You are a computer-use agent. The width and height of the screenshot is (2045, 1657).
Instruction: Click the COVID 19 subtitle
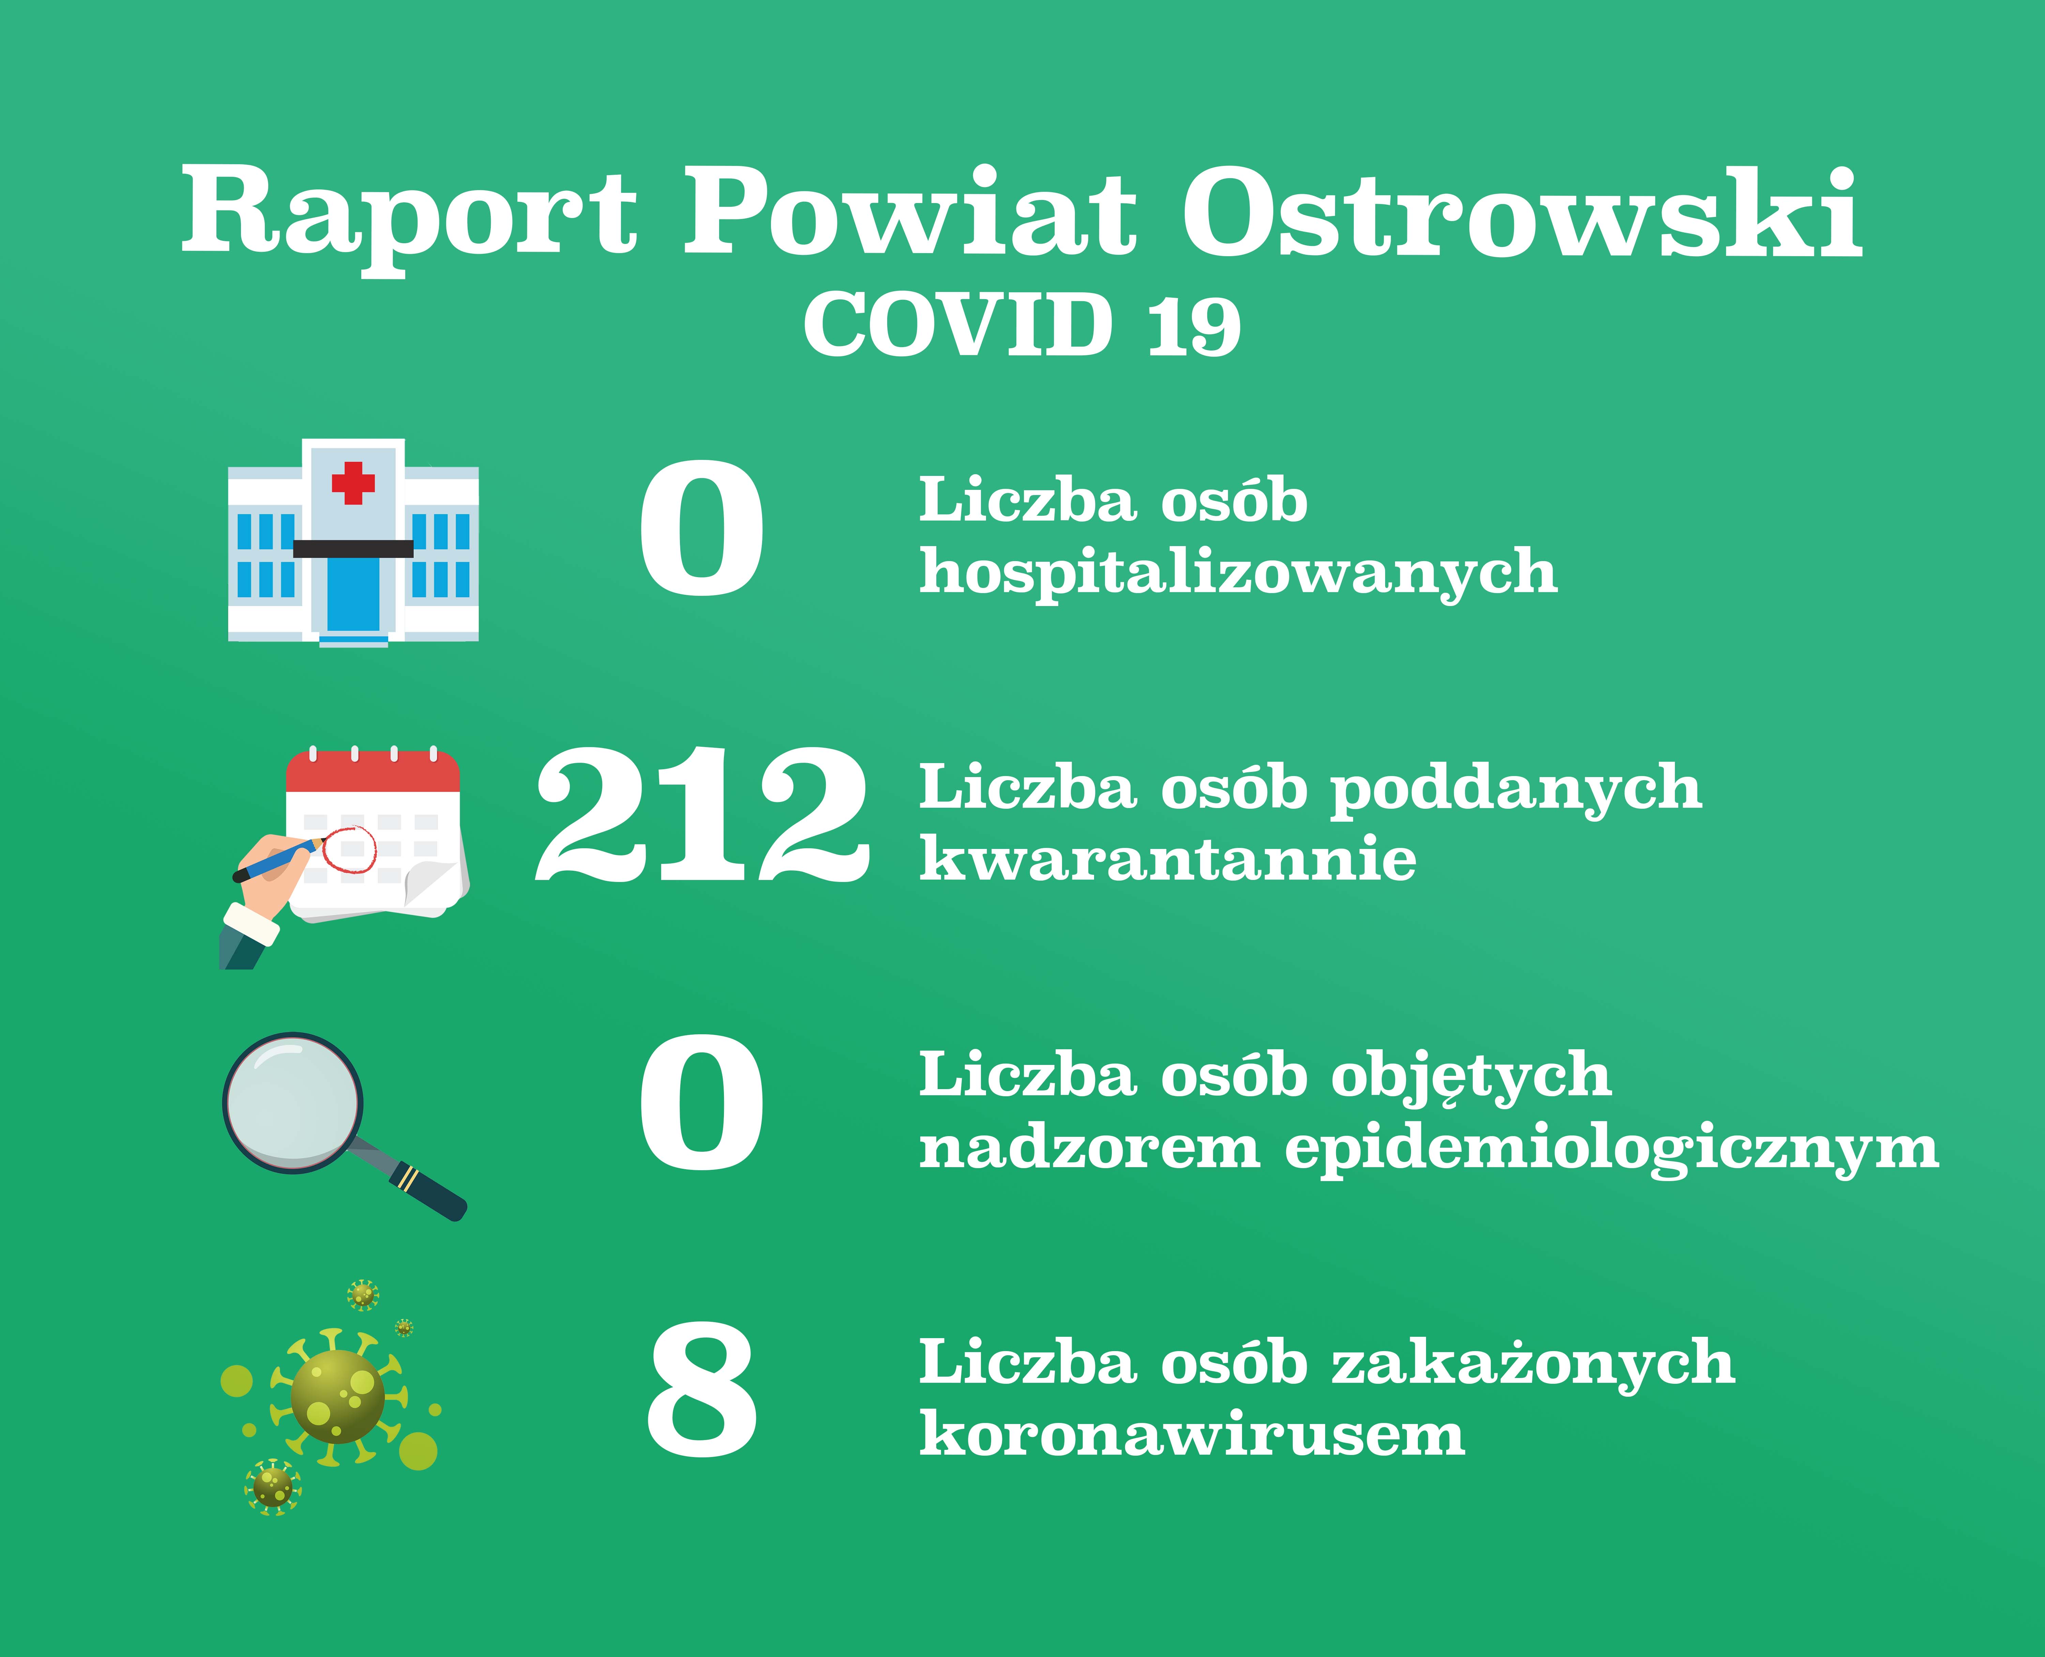(1022, 325)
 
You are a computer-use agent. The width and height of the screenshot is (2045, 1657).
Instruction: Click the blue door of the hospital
(353, 595)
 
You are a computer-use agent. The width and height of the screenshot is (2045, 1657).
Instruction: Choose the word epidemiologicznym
(1611, 1148)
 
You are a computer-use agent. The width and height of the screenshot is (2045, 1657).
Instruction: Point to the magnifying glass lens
(293, 1102)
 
